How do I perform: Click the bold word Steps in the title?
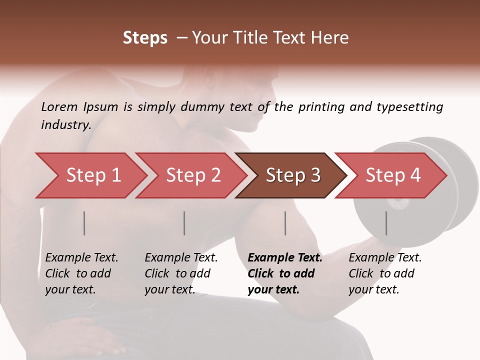(x=145, y=38)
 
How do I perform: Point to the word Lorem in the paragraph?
(x=59, y=107)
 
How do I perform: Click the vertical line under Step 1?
(x=84, y=223)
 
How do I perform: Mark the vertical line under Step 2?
(x=184, y=223)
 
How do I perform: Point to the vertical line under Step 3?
(x=285, y=223)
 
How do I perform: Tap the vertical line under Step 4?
(x=386, y=223)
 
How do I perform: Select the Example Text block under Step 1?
(x=81, y=273)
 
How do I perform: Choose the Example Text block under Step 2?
(x=181, y=273)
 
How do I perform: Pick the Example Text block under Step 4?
(x=385, y=273)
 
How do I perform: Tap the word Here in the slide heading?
(x=329, y=38)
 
